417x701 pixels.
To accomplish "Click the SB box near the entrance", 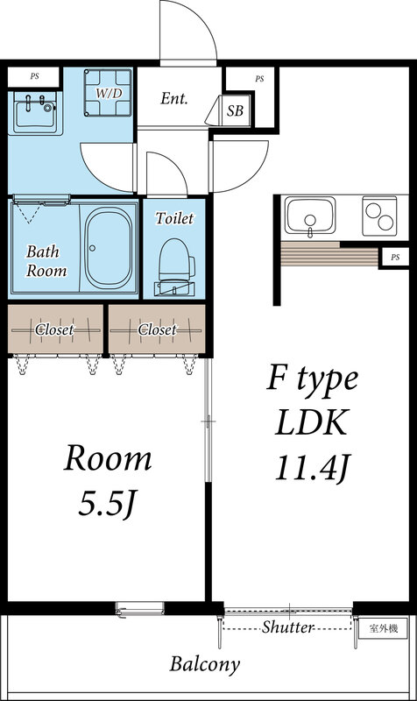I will (235, 111).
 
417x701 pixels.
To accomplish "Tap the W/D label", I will (109, 93).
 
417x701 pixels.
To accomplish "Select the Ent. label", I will (174, 98).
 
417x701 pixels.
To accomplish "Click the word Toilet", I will (174, 218).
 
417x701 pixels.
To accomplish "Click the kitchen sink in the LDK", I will (310, 216).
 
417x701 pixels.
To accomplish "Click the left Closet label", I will (54, 329).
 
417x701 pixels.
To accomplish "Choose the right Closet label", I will (157, 329).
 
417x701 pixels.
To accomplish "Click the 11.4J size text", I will (313, 469).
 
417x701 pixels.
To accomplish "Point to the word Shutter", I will (288, 627).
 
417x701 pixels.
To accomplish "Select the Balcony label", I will (205, 663).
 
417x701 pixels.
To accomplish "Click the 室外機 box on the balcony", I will (384, 628).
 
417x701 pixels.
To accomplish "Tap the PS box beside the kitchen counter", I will (394, 257).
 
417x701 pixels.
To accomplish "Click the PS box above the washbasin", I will (35, 76).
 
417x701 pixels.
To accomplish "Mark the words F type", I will (312, 380).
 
